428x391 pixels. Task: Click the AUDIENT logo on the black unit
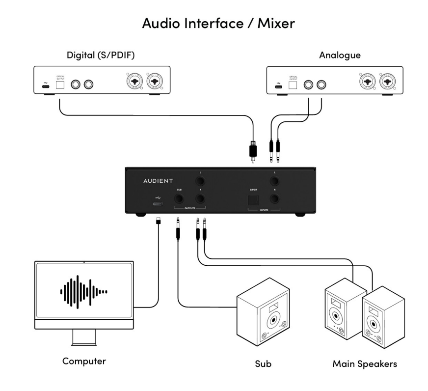click(x=158, y=181)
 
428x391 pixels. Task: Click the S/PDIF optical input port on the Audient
click(x=254, y=199)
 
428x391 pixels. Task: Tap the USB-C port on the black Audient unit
click(x=158, y=204)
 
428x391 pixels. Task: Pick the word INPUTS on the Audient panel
click(x=264, y=209)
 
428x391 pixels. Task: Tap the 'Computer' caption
click(x=84, y=361)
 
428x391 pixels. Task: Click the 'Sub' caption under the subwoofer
click(x=263, y=364)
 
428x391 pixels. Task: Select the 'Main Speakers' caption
click(x=365, y=364)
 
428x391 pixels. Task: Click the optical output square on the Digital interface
click(x=61, y=84)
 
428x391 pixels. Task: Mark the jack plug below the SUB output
click(x=177, y=231)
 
